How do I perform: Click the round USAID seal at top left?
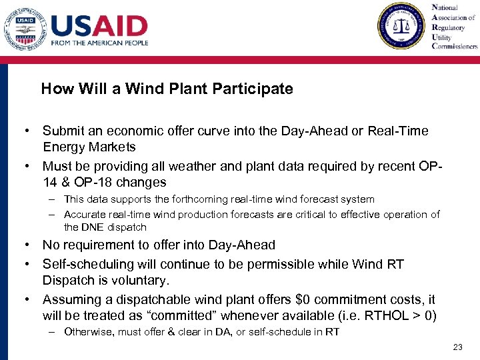click(x=25, y=28)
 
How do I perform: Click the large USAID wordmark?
click(x=99, y=26)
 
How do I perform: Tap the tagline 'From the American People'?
click(x=99, y=43)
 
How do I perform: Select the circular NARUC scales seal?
click(x=400, y=26)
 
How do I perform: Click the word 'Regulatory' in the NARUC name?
click(x=449, y=28)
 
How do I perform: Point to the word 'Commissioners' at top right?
click(x=455, y=47)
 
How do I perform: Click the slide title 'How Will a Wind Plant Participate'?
click(x=167, y=89)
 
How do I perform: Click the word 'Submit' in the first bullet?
click(x=63, y=131)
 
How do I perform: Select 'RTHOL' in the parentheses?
click(x=390, y=315)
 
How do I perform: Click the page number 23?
click(x=457, y=347)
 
